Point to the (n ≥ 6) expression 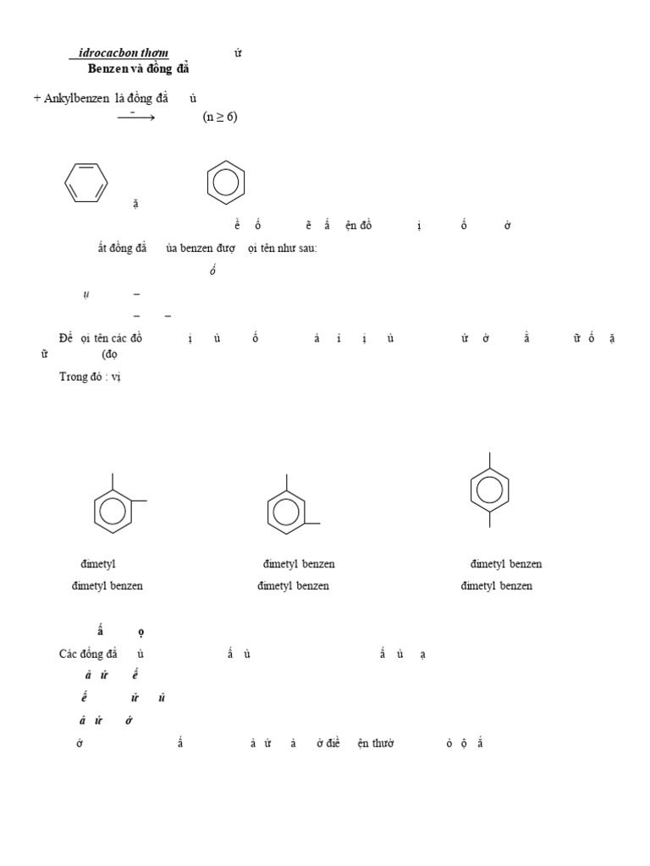click(x=220, y=117)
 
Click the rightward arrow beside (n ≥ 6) click(x=135, y=118)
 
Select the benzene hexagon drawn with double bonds click(x=86, y=181)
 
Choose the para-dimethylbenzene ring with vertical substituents click(x=490, y=490)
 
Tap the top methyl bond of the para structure click(x=490, y=460)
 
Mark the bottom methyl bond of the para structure click(x=490, y=518)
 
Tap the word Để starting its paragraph click(x=66, y=338)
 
